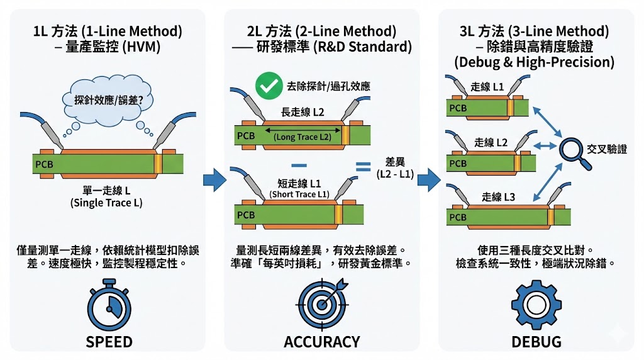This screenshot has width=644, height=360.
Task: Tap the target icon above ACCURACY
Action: (x=322, y=304)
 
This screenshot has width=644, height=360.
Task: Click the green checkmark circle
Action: (x=269, y=86)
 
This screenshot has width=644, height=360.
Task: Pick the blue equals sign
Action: (x=362, y=167)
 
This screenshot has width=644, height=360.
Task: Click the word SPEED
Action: (x=109, y=342)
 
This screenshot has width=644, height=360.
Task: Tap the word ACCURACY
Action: (x=322, y=342)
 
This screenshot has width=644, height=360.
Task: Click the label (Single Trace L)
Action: (x=107, y=203)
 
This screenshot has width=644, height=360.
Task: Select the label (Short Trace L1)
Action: (x=299, y=194)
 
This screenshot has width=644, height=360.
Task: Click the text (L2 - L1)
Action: (x=395, y=174)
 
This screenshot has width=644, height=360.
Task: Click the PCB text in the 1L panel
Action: (x=44, y=166)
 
